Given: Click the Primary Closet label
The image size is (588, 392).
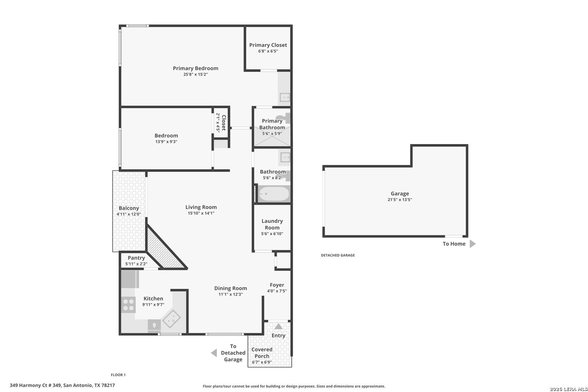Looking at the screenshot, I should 268,45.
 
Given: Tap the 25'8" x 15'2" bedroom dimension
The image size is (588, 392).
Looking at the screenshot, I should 195,74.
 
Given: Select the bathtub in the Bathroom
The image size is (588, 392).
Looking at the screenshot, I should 274,194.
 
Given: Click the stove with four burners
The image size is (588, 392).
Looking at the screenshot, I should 128,305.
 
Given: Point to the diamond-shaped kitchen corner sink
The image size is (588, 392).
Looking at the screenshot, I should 171,319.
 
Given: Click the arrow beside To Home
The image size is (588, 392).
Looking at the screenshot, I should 472,244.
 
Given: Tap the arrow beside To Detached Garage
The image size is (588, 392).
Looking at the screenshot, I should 214,353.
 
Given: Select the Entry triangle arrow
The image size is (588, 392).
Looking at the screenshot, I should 278,326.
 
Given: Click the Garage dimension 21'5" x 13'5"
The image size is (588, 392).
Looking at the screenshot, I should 400,200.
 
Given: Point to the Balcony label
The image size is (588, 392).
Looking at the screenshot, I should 129,208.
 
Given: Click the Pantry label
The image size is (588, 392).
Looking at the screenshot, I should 136,258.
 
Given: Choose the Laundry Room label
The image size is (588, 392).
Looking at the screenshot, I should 272,224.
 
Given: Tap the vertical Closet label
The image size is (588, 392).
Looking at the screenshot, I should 224,122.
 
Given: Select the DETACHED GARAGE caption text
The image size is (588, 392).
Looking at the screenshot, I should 338,255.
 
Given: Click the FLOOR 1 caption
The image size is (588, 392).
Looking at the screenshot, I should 118,375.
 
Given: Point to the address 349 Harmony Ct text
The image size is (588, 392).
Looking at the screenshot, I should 62,385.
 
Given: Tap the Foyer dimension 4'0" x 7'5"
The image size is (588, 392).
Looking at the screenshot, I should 277,291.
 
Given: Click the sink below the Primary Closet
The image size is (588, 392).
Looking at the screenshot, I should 285,97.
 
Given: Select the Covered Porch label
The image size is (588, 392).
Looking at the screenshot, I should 262,353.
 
